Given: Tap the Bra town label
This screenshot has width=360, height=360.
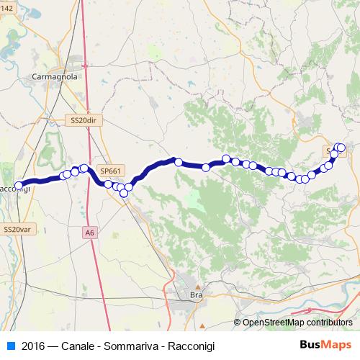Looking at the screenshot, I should tap(194, 295).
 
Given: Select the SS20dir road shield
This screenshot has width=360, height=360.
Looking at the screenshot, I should tap(84, 121).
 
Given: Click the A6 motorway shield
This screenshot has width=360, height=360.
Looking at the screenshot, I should tap(89, 233).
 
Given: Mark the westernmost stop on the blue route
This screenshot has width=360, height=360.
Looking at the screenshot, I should tap(19, 185).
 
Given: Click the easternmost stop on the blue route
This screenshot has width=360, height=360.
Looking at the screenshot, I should tap(341, 148).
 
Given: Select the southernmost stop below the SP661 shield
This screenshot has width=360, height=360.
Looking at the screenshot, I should tap(124, 192).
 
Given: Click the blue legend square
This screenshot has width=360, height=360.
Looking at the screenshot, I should tap(11, 346).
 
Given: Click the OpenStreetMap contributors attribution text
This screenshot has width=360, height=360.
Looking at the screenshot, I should tap(297, 323).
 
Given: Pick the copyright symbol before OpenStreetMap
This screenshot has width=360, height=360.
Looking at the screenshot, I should tap(238, 323).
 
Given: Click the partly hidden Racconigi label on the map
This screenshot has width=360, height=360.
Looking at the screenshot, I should tap(14, 189).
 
